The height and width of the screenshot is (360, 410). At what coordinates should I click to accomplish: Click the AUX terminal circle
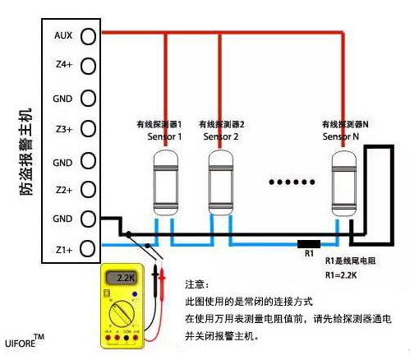(88, 36)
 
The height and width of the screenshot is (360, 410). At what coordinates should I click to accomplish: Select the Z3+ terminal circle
(88, 130)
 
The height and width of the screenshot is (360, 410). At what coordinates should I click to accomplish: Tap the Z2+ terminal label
(63, 190)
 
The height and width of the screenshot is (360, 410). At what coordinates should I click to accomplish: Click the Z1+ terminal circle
(88, 247)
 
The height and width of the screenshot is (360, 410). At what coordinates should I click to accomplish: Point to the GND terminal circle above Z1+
(88, 219)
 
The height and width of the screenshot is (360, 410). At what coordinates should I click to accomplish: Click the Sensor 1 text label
(164, 136)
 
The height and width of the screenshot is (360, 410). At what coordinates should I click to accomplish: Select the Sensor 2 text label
(220, 136)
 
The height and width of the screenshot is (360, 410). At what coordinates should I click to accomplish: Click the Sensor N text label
(340, 136)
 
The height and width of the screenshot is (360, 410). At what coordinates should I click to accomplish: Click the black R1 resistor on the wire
(308, 244)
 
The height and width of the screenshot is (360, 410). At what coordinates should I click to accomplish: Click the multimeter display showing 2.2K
(125, 278)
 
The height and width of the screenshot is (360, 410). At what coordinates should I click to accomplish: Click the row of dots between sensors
(293, 182)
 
